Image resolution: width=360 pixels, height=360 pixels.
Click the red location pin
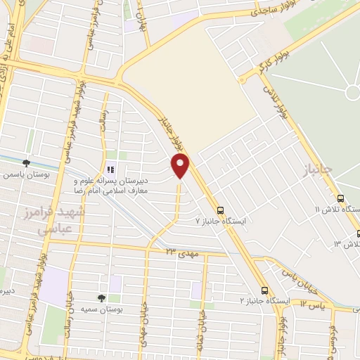point(181,165)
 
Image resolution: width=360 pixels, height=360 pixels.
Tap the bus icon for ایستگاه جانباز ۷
point(221,210)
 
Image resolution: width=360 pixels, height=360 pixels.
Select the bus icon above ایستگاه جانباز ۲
point(264,290)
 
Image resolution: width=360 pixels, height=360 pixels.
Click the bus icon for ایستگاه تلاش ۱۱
point(340,199)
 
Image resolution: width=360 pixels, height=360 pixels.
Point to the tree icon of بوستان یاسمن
point(26,162)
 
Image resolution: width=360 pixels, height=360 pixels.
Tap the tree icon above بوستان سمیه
point(103,298)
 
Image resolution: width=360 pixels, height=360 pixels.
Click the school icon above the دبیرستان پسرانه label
point(110,169)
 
